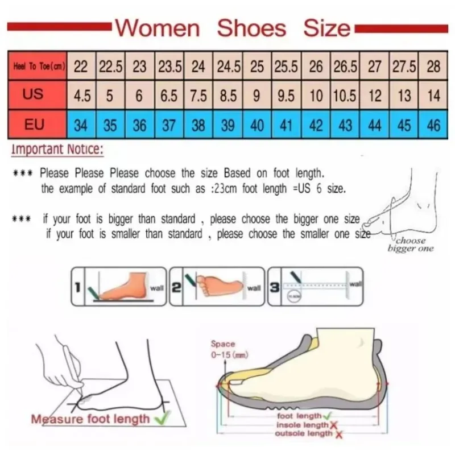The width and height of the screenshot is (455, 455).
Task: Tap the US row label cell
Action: [34, 94]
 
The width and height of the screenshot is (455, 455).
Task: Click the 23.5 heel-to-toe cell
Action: [169, 67]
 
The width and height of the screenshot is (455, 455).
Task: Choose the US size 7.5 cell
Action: [198, 96]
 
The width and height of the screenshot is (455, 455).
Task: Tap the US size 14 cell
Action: [433, 96]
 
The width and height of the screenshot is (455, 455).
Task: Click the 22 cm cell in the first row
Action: [81, 67]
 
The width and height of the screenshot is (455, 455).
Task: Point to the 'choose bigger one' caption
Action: [411, 243]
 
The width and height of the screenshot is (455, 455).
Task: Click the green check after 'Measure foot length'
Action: [160, 419]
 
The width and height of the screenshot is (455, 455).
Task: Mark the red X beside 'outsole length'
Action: [339, 434]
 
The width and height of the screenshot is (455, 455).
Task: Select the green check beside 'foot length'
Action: [327, 416]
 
